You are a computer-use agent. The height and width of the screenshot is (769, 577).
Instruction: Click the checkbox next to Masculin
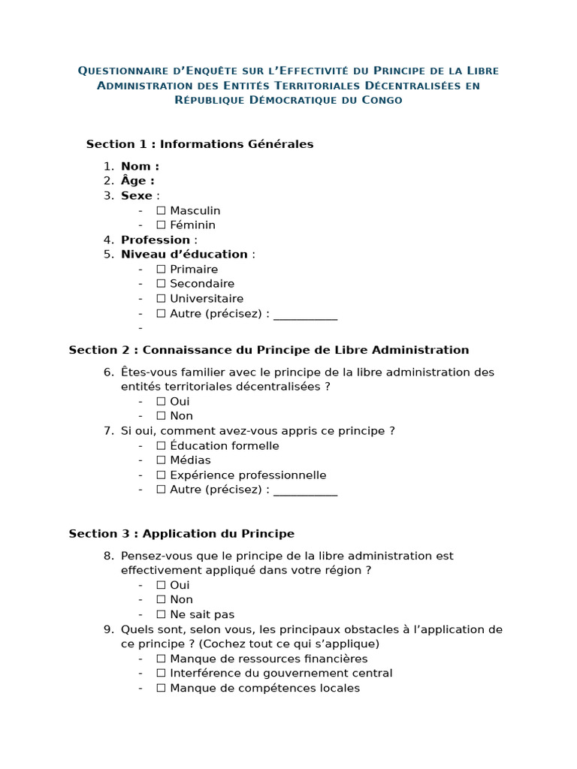point(161,211)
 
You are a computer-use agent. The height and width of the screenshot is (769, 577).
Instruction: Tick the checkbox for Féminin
point(161,225)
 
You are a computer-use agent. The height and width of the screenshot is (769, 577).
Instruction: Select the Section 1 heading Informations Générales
point(199,144)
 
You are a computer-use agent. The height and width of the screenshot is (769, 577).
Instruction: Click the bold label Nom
point(140,167)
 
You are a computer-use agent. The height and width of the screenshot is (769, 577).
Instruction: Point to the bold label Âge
point(137,181)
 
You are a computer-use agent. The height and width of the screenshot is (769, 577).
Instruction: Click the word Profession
point(156,240)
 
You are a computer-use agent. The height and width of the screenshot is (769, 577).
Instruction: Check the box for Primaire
point(161,270)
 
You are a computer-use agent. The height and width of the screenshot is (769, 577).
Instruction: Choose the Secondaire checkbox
point(161,284)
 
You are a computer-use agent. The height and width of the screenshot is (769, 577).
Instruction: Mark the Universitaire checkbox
point(161,299)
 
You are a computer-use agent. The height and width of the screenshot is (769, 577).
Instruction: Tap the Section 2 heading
point(268,350)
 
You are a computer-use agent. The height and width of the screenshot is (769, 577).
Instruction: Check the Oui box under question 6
point(161,402)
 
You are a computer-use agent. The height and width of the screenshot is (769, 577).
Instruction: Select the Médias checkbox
point(161,460)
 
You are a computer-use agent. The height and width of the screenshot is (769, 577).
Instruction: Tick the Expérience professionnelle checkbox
point(161,475)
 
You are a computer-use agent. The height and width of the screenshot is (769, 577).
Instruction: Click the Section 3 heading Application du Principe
point(181,534)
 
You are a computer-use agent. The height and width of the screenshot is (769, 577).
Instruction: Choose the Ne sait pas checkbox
point(161,614)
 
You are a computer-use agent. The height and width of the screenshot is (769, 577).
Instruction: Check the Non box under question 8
point(161,600)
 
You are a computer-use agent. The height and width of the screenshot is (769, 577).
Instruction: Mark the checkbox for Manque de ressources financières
point(161,659)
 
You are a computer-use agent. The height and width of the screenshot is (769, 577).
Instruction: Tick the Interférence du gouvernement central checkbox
point(161,674)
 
